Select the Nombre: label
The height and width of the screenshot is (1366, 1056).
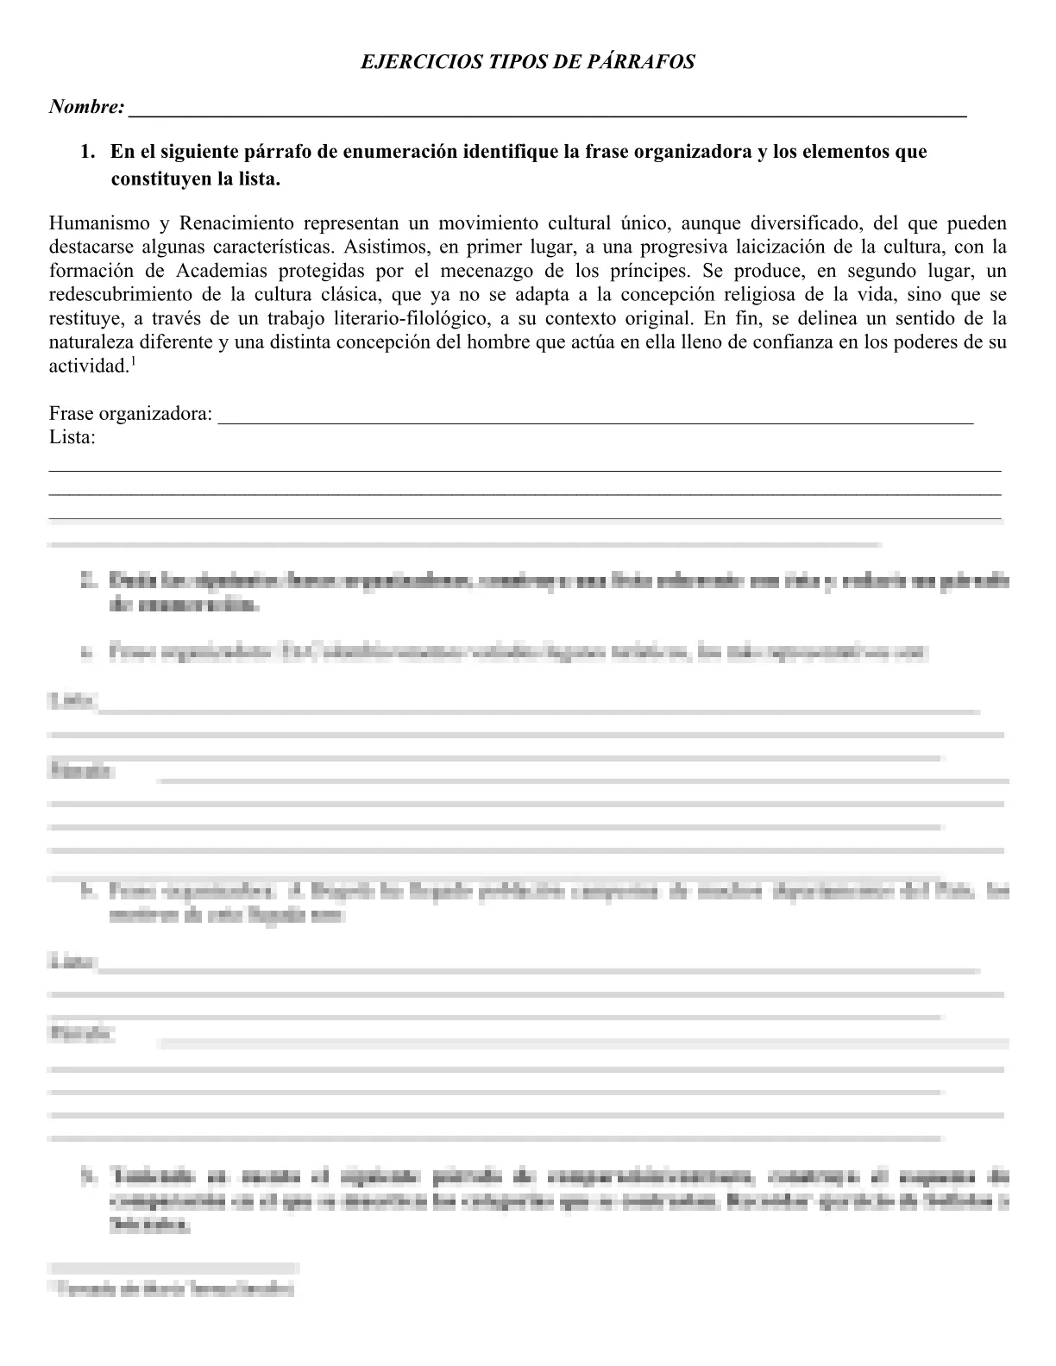point(86,108)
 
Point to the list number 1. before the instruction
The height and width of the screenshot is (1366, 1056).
point(87,152)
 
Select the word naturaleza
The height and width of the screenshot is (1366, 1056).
point(92,341)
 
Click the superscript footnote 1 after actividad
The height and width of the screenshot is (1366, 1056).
point(132,360)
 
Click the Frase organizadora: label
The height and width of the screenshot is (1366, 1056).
point(130,414)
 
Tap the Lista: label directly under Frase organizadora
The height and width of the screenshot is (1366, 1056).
point(72,437)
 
